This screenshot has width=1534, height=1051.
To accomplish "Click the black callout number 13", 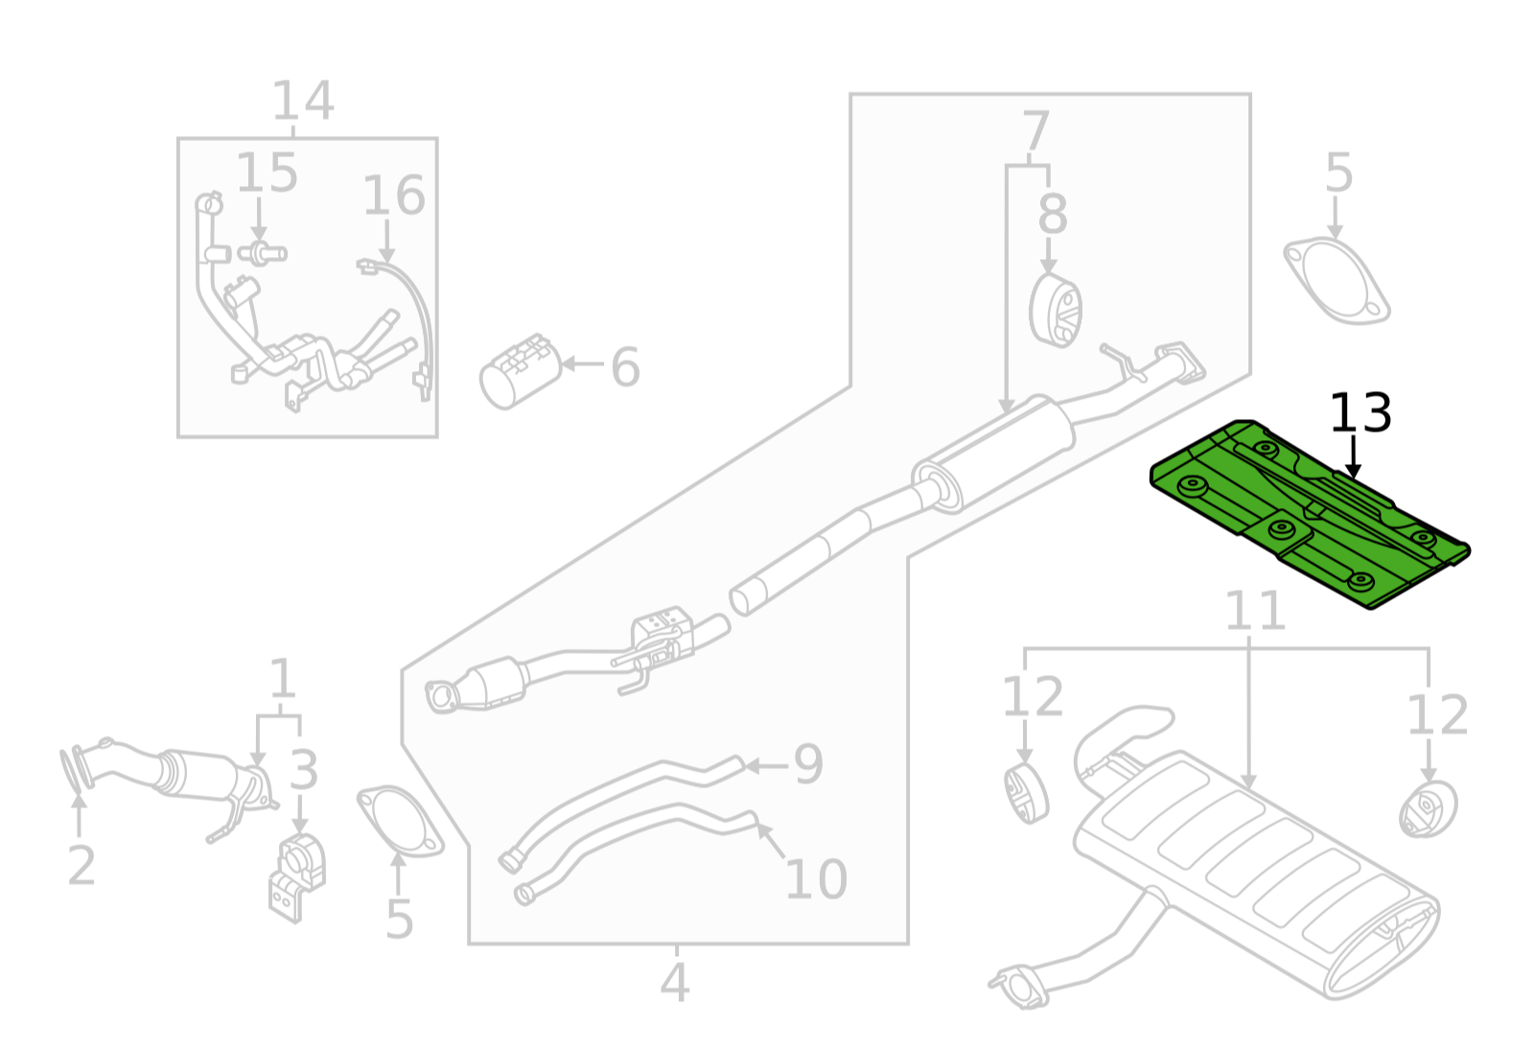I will tap(1360, 414).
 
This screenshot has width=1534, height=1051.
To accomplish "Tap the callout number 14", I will tap(303, 102).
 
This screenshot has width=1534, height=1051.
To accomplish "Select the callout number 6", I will tap(625, 367).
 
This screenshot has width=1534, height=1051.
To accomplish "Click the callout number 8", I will tap(1052, 215).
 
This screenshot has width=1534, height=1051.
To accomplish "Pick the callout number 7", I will tap(1035, 131).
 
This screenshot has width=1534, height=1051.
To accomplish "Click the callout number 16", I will tap(393, 197).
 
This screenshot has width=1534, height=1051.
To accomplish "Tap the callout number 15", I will tap(267, 174).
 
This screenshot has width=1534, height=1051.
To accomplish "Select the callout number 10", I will tap(816, 878).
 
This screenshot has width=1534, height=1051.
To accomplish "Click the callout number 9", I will tap(807, 764).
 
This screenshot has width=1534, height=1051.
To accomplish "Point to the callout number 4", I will tap(674, 982).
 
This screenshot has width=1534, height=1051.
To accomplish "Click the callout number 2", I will tap(81, 865).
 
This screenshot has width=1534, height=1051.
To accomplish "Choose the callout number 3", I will tap(303, 770).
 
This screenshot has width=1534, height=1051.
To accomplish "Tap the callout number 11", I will tap(1254, 612).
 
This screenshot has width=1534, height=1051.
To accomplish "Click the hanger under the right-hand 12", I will tap(1428, 809).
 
